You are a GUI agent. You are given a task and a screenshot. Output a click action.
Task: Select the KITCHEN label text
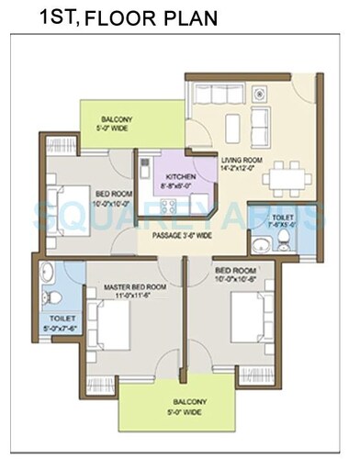point(180,177)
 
